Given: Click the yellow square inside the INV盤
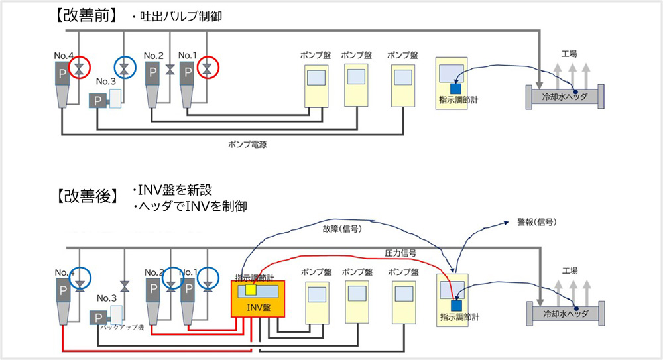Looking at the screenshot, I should pyautogui.click(x=251, y=290).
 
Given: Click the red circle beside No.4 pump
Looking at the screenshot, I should pyautogui.click(x=80, y=68).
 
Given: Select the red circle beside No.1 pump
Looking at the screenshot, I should pyautogui.click(x=208, y=68).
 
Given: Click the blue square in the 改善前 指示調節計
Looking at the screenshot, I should pyautogui.click(x=455, y=88).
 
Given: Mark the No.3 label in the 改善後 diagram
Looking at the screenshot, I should pyautogui.click(x=107, y=298).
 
